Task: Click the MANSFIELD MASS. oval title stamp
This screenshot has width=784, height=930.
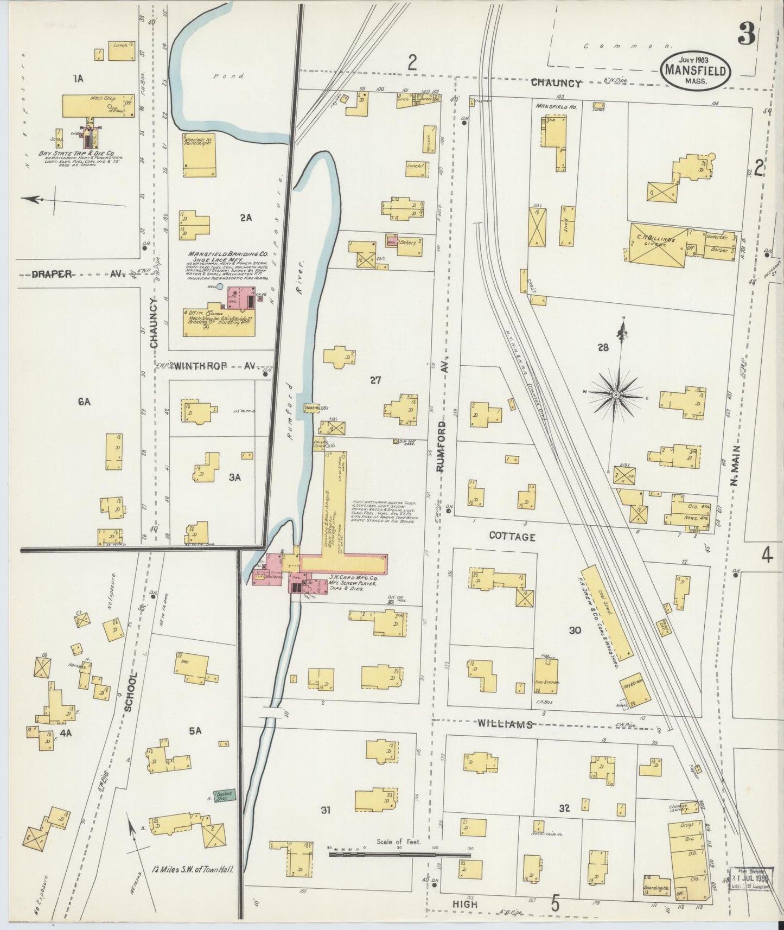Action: tap(695, 70)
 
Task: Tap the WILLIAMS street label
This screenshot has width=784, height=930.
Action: tap(504, 724)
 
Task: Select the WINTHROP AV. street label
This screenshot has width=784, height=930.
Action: tap(214, 366)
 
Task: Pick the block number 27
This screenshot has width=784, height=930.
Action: tap(375, 380)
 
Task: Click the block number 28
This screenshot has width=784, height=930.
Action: tap(602, 347)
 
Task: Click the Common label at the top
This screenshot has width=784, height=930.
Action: tap(626, 47)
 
